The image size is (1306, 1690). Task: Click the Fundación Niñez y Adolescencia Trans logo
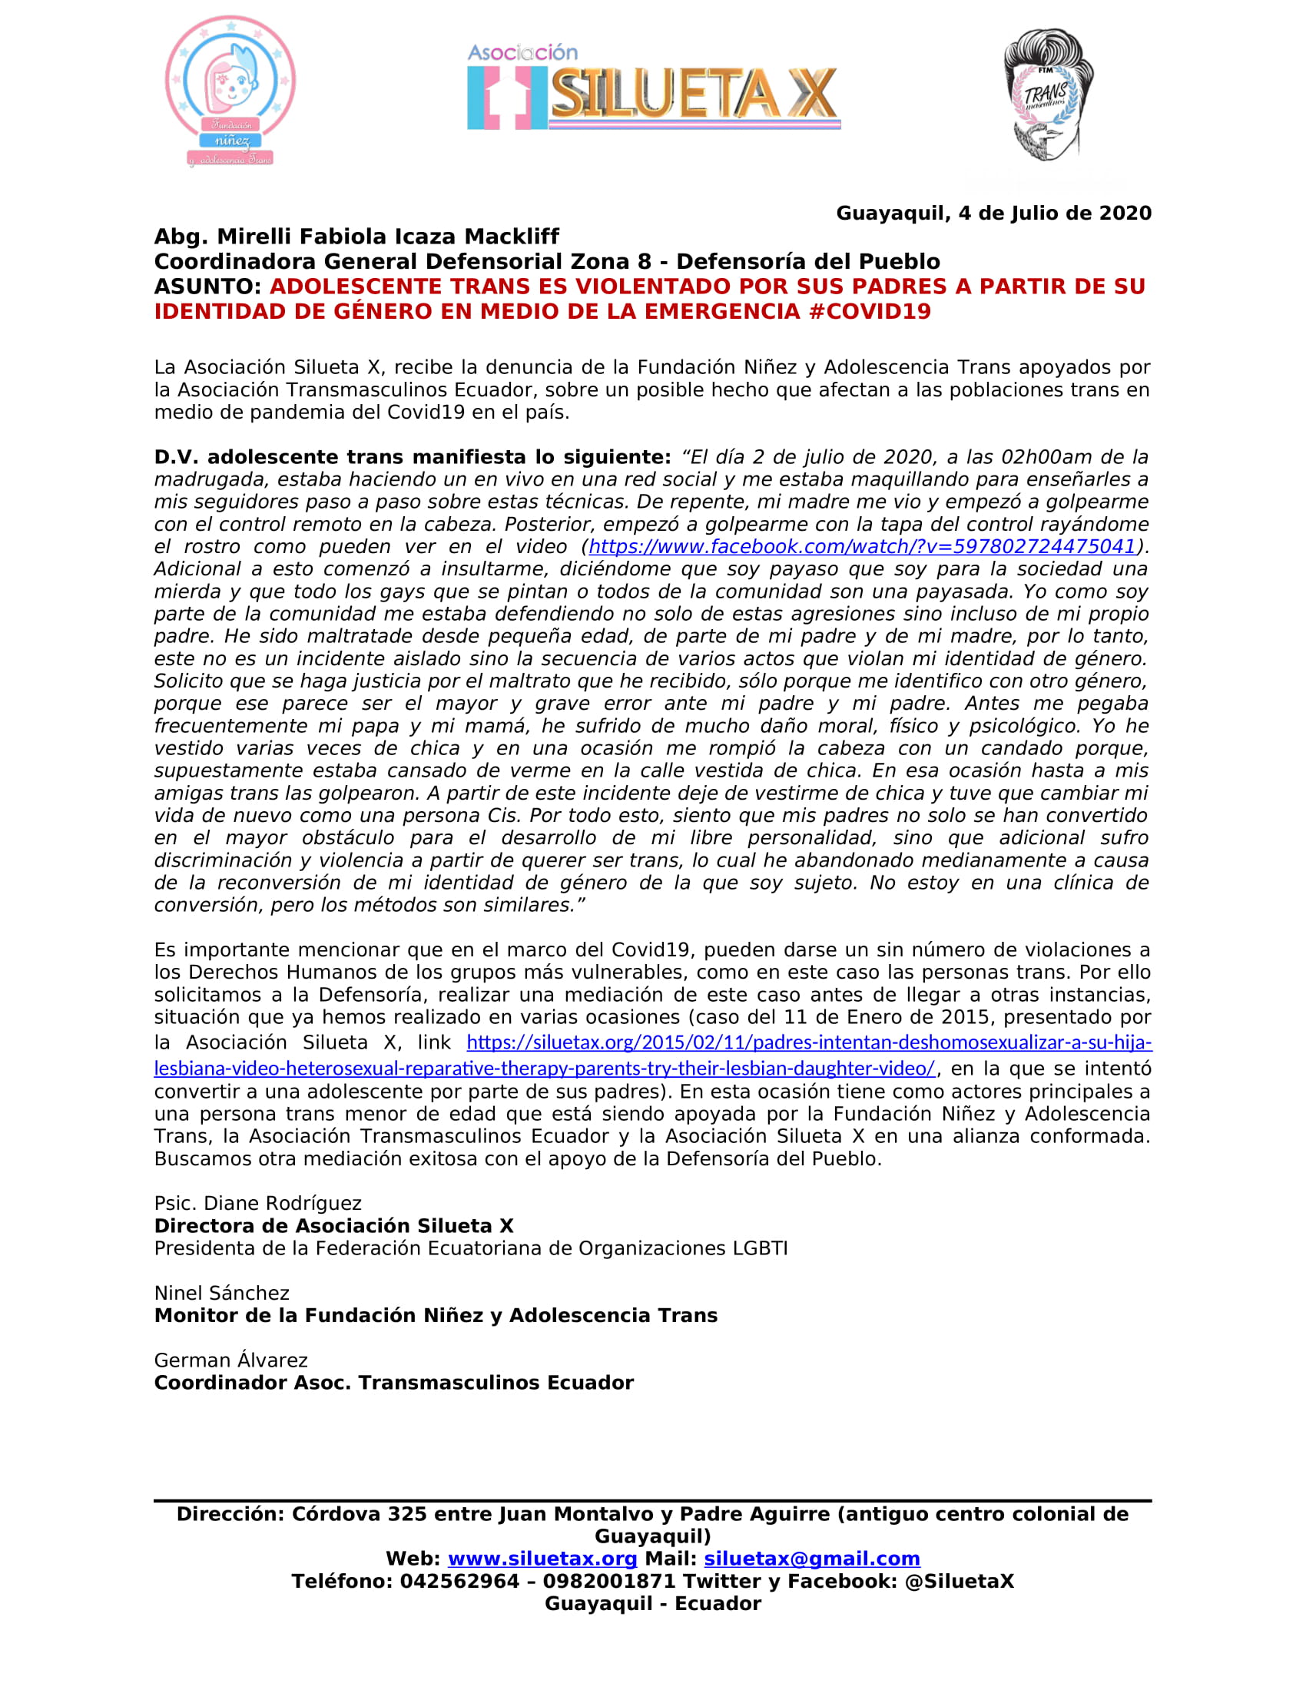click(x=230, y=91)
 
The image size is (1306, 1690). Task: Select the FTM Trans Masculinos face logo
click(x=1048, y=95)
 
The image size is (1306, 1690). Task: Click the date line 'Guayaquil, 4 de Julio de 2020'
click(x=993, y=214)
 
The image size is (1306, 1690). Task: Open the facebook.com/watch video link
click(x=861, y=547)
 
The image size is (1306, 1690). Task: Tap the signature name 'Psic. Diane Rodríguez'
click(x=257, y=1203)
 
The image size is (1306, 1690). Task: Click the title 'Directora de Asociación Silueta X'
click(x=333, y=1226)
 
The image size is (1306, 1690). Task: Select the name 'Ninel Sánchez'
click(x=221, y=1293)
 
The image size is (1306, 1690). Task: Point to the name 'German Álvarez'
click(x=230, y=1360)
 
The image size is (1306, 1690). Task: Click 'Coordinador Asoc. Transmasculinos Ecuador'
click(x=394, y=1383)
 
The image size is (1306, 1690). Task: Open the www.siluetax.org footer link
click(x=542, y=1559)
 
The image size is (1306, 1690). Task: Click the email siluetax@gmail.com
click(x=811, y=1559)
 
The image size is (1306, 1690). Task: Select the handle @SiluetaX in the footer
click(x=959, y=1582)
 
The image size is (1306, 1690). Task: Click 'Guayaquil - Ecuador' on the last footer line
click(x=653, y=1604)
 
